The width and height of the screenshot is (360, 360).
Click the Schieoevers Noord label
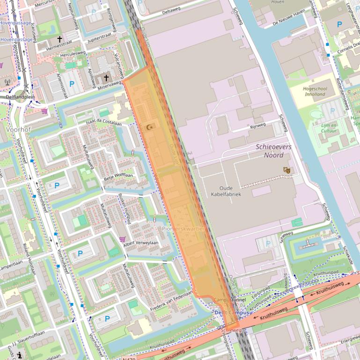click(x=274, y=151)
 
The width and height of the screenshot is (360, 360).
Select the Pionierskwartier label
click(x=183, y=229)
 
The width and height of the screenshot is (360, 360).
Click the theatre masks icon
click(x=287, y=170)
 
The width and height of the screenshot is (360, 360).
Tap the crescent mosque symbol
click(x=150, y=127)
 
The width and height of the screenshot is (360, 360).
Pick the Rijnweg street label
click(x=257, y=125)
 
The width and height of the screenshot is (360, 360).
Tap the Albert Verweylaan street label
click(x=140, y=243)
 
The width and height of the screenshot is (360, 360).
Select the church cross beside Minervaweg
click(x=106, y=77)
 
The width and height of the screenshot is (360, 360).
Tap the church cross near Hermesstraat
click(x=59, y=39)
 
